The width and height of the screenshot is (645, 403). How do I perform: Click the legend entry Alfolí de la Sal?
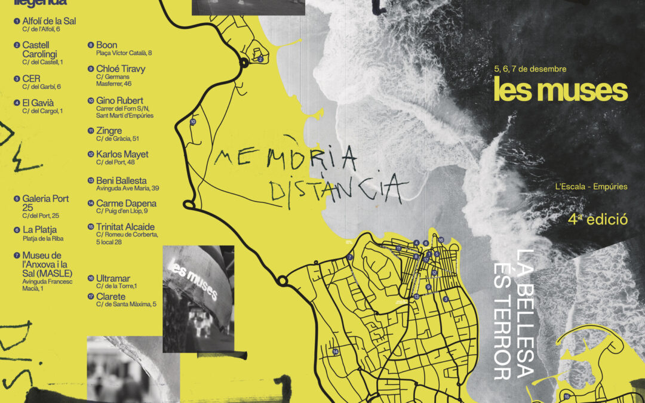49,21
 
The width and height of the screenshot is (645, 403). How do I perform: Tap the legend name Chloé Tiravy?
121,69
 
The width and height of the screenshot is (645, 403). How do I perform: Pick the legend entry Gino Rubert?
119,100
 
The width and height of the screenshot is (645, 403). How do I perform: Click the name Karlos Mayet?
122,154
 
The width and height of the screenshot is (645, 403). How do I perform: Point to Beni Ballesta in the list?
121,180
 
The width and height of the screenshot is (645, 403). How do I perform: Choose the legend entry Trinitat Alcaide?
125,227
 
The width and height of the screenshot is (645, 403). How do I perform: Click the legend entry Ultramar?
113,278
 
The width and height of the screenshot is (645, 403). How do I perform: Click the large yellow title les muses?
560,90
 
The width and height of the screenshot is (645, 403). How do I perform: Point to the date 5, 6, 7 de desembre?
530,69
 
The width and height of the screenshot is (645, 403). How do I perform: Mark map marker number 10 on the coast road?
193,122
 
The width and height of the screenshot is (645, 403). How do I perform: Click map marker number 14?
336,352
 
